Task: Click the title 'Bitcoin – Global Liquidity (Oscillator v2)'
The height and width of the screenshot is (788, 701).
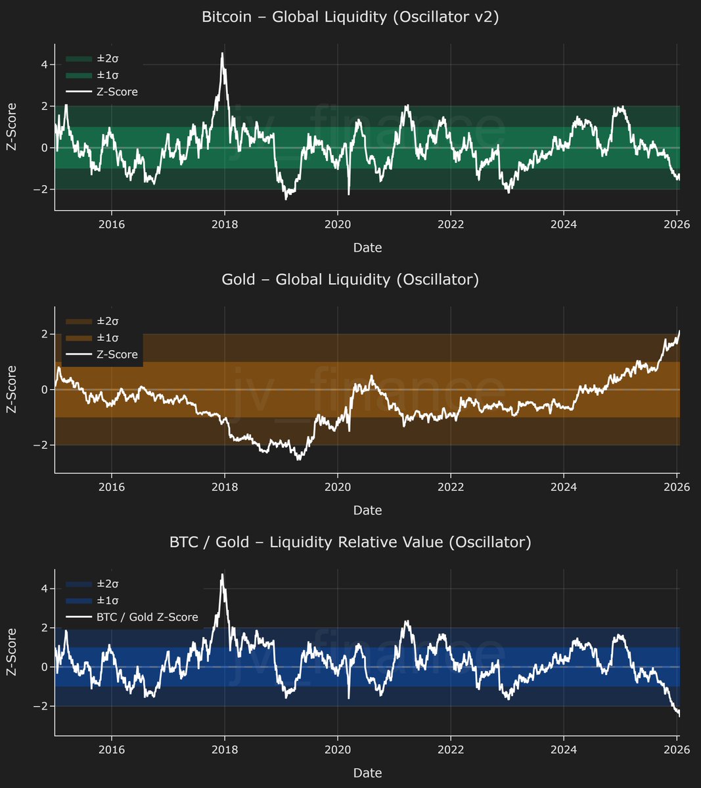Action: [350, 17]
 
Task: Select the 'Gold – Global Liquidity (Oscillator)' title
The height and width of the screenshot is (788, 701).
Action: [350, 280]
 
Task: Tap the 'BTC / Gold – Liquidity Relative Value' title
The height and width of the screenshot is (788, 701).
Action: [350, 542]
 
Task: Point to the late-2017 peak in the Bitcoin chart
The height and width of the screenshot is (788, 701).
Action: [222, 54]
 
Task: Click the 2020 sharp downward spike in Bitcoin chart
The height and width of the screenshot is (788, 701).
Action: [348, 194]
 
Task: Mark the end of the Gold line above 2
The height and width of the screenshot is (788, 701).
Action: [679, 332]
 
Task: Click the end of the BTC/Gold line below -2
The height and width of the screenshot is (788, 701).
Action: [679, 715]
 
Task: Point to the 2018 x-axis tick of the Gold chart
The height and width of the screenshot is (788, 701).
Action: [225, 487]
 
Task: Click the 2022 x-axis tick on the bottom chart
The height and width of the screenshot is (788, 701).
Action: [451, 750]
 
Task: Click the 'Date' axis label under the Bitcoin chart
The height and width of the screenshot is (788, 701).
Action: [367, 248]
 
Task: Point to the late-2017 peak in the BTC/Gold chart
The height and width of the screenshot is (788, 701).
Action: [222, 575]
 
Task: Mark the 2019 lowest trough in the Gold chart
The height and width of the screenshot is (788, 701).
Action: [298, 459]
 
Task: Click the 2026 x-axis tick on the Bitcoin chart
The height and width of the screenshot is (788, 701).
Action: [677, 225]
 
